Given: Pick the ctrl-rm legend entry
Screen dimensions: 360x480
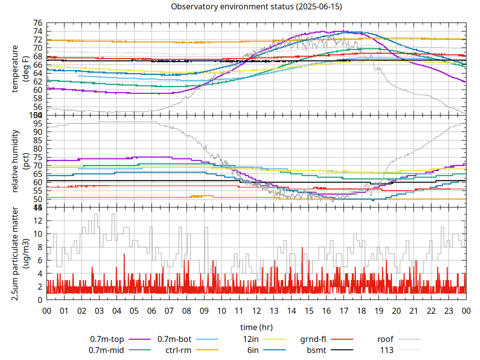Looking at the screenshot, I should click(x=178, y=349).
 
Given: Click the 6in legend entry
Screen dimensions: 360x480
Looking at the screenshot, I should click(x=253, y=349).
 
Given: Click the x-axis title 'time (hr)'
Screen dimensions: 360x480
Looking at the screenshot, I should click(x=256, y=327).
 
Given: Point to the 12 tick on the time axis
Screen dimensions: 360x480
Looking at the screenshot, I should click(x=256, y=310).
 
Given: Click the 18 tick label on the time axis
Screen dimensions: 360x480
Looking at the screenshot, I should click(x=361, y=310).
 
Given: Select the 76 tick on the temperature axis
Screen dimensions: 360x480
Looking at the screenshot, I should click(x=37, y=23).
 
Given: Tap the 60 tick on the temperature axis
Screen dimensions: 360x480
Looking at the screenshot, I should click(x=37, y=90).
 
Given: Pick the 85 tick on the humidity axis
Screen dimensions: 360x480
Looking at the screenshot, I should click(x=37, y=140).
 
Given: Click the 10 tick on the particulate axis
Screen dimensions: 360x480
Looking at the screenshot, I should click(x=37, y=234).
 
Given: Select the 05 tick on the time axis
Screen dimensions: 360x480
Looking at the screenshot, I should click(x=134, y=310).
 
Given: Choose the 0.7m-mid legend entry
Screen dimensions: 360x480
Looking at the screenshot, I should click(x=106, y=349).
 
